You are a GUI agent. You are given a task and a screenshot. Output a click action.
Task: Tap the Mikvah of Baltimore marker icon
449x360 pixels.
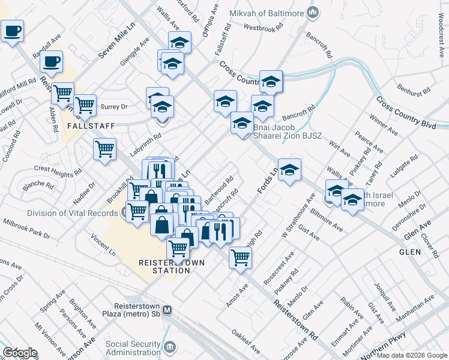(x=312, y=12)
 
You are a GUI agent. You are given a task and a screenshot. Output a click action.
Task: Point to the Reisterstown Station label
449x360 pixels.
(x=164, y=266)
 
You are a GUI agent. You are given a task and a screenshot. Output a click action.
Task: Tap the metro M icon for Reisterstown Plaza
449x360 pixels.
(x=167, y=310)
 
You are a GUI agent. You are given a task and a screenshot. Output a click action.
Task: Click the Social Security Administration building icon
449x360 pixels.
(x=170, y=347)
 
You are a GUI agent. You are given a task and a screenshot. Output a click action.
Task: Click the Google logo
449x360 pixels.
(x=19, y=352)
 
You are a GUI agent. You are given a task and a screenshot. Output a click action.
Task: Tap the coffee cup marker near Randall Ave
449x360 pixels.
(x=52, y=61)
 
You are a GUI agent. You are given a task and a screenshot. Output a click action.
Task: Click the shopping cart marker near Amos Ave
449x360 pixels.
(x=240, y=257)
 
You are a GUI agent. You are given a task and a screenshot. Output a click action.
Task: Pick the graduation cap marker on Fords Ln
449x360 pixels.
(x=289, y=170)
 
